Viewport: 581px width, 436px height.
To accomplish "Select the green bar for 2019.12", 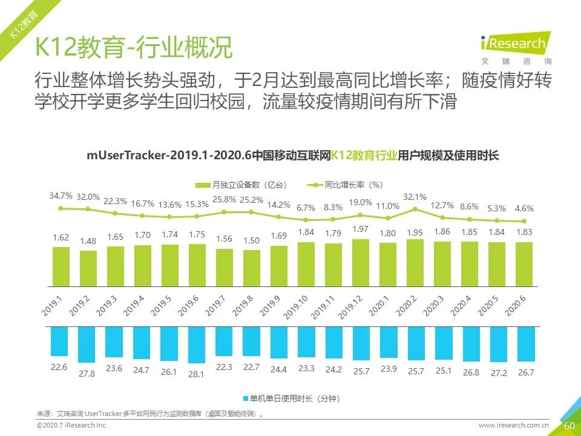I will [361, 262].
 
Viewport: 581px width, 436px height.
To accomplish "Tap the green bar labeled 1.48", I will [88, 268].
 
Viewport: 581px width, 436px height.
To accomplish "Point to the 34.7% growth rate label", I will [61, 196].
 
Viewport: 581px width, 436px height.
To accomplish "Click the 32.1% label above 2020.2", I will [415, 197].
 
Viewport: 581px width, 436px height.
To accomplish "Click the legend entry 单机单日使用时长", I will [290, 398].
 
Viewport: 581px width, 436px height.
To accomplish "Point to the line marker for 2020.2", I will [416, 209].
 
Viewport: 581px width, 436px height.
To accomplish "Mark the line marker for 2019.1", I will [61, 208].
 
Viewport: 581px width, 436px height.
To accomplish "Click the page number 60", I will [569, 426].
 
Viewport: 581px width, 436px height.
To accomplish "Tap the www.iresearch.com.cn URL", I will [514, 426].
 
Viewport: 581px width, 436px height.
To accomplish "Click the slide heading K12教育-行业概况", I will [133, 48].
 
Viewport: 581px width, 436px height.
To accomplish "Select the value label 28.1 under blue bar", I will [197, 374].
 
